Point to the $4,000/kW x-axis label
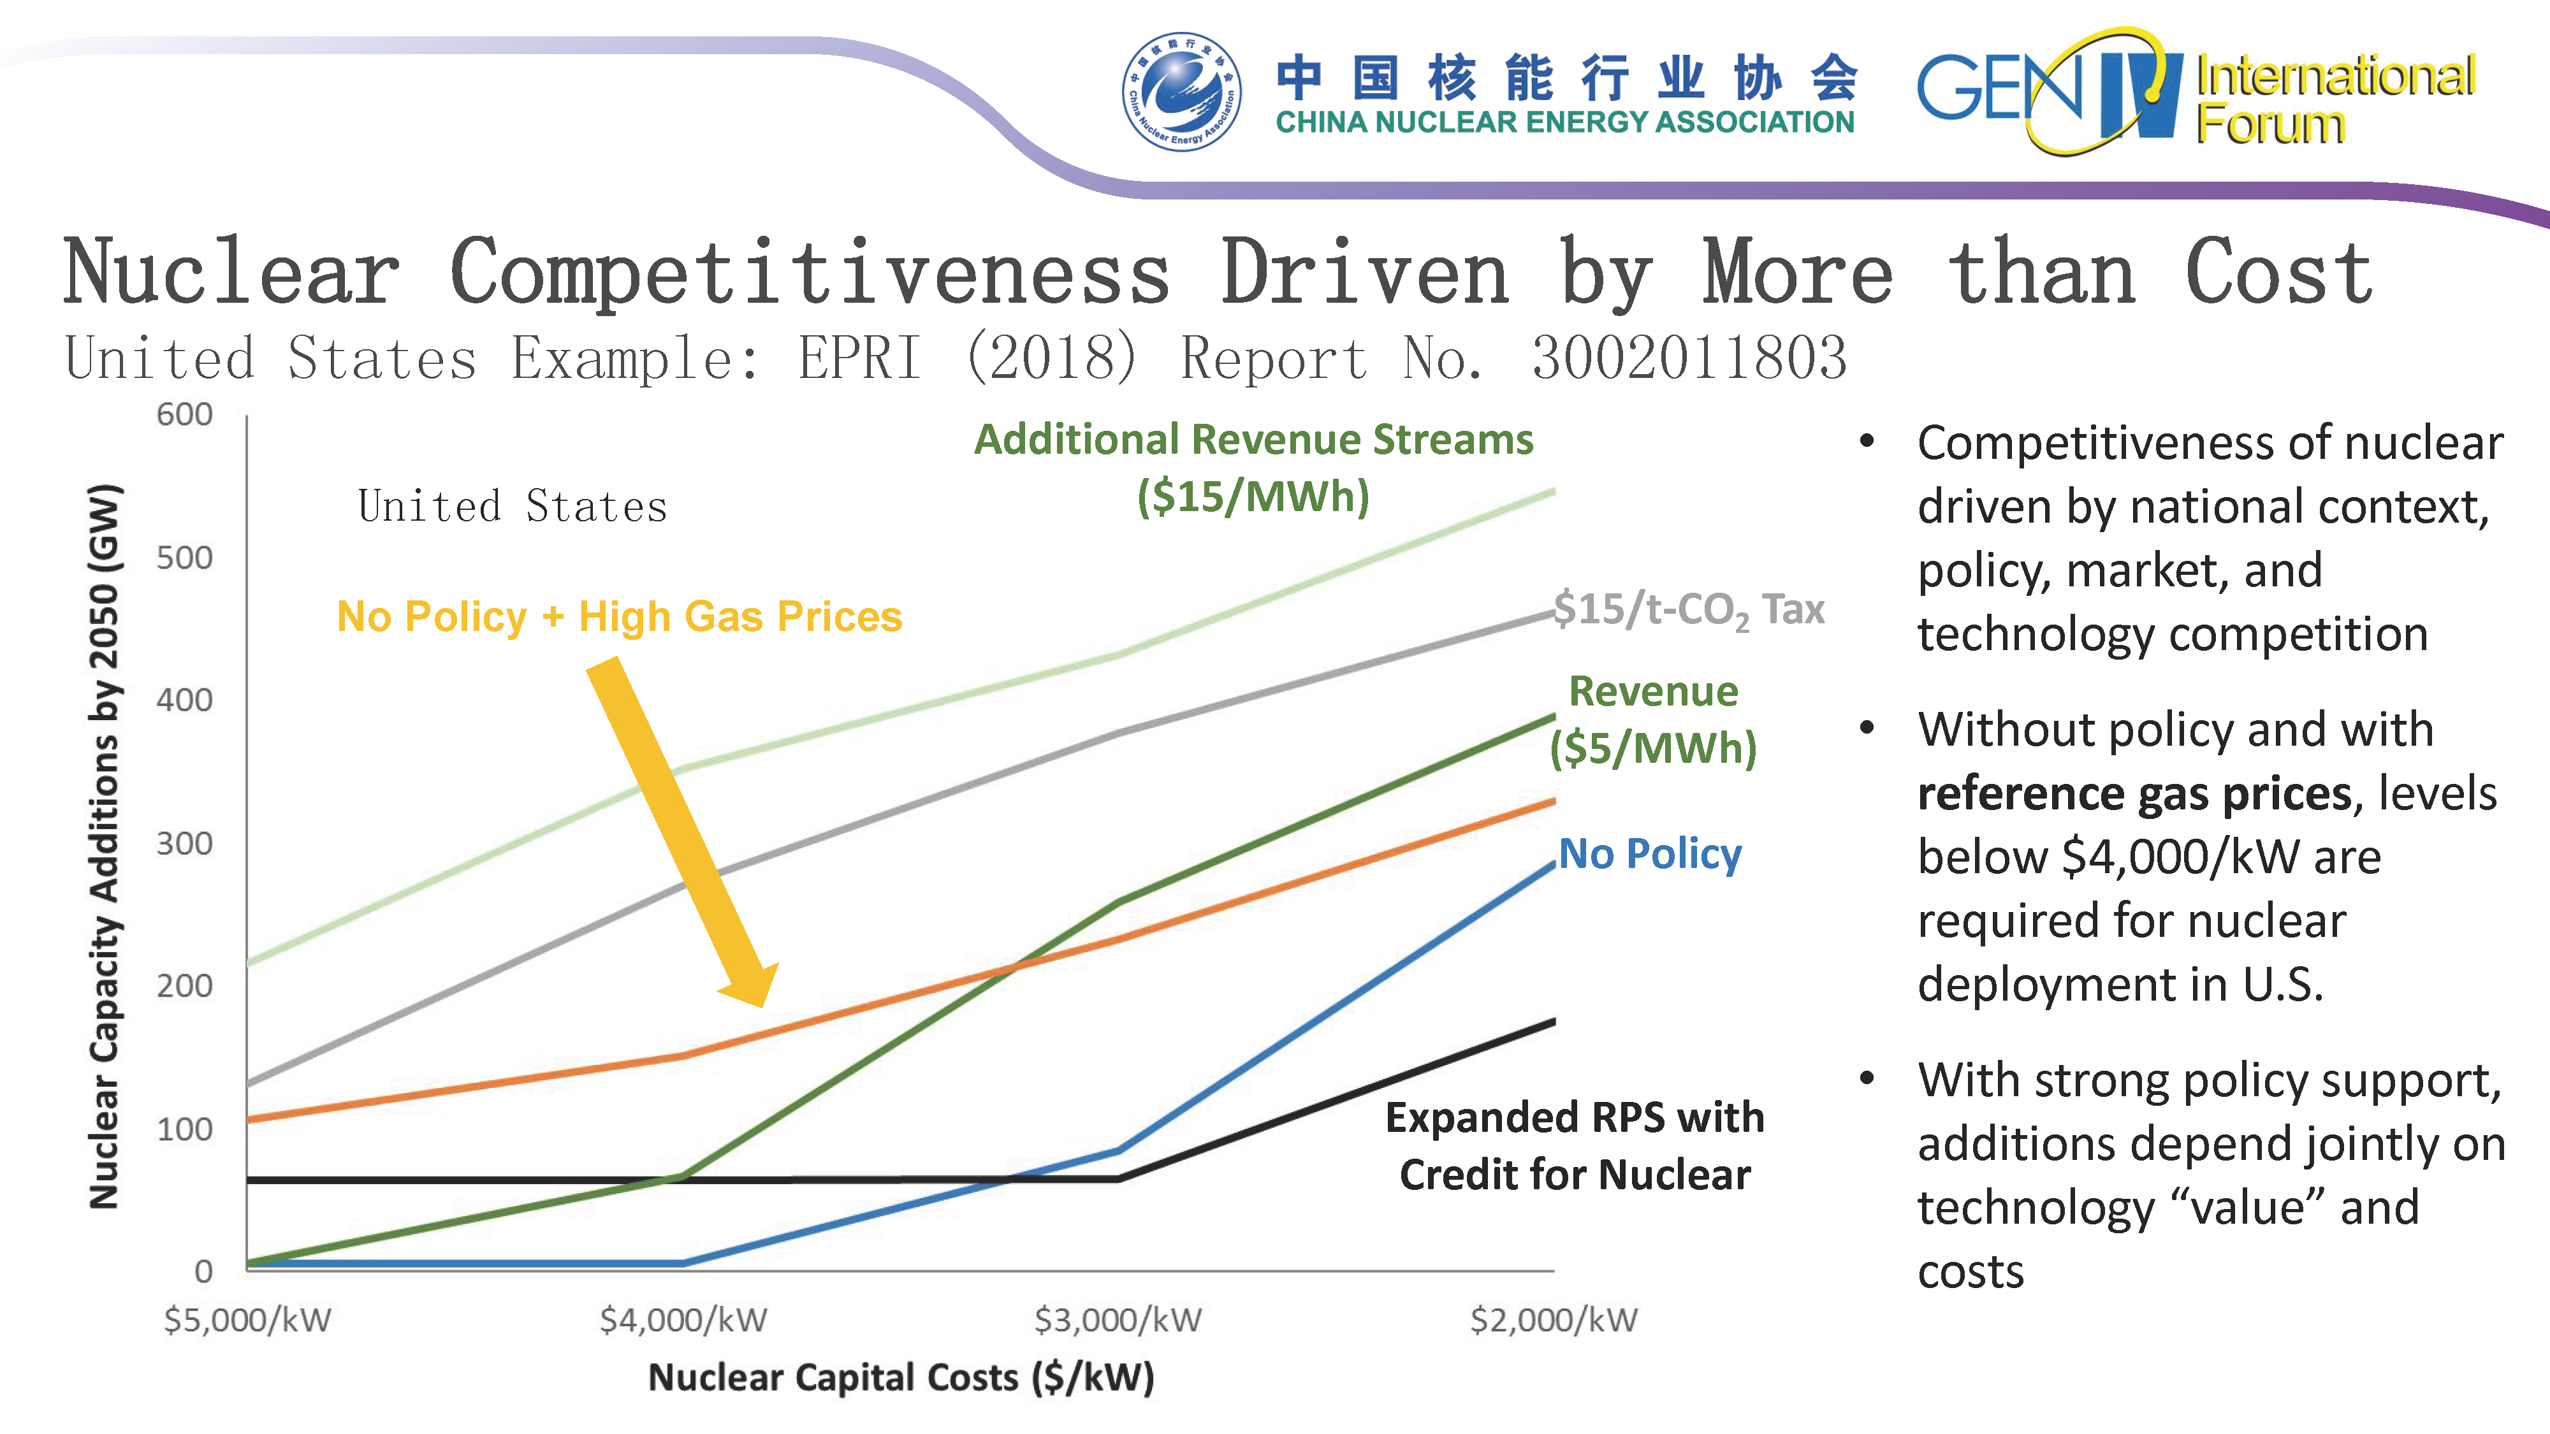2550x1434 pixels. [683, 1319]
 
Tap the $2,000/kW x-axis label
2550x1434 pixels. [1553, 1319]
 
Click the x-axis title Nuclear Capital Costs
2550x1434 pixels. [901, 1377]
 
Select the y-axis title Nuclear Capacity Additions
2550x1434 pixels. [104, 846]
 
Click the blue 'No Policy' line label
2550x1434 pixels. [1650, 853]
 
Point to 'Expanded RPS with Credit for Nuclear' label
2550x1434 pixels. [1574, 1145]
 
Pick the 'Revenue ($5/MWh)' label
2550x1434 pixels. [1653, 720]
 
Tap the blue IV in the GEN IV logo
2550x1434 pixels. [2138, 94]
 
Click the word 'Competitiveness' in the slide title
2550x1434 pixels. [810, 273]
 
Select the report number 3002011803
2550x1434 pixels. [1689, 358]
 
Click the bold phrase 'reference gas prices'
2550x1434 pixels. [2133, 793]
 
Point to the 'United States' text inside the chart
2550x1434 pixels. [512, 507]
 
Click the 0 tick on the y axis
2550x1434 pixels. [203, 1271]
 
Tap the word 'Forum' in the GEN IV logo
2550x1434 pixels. [2270, 125]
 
